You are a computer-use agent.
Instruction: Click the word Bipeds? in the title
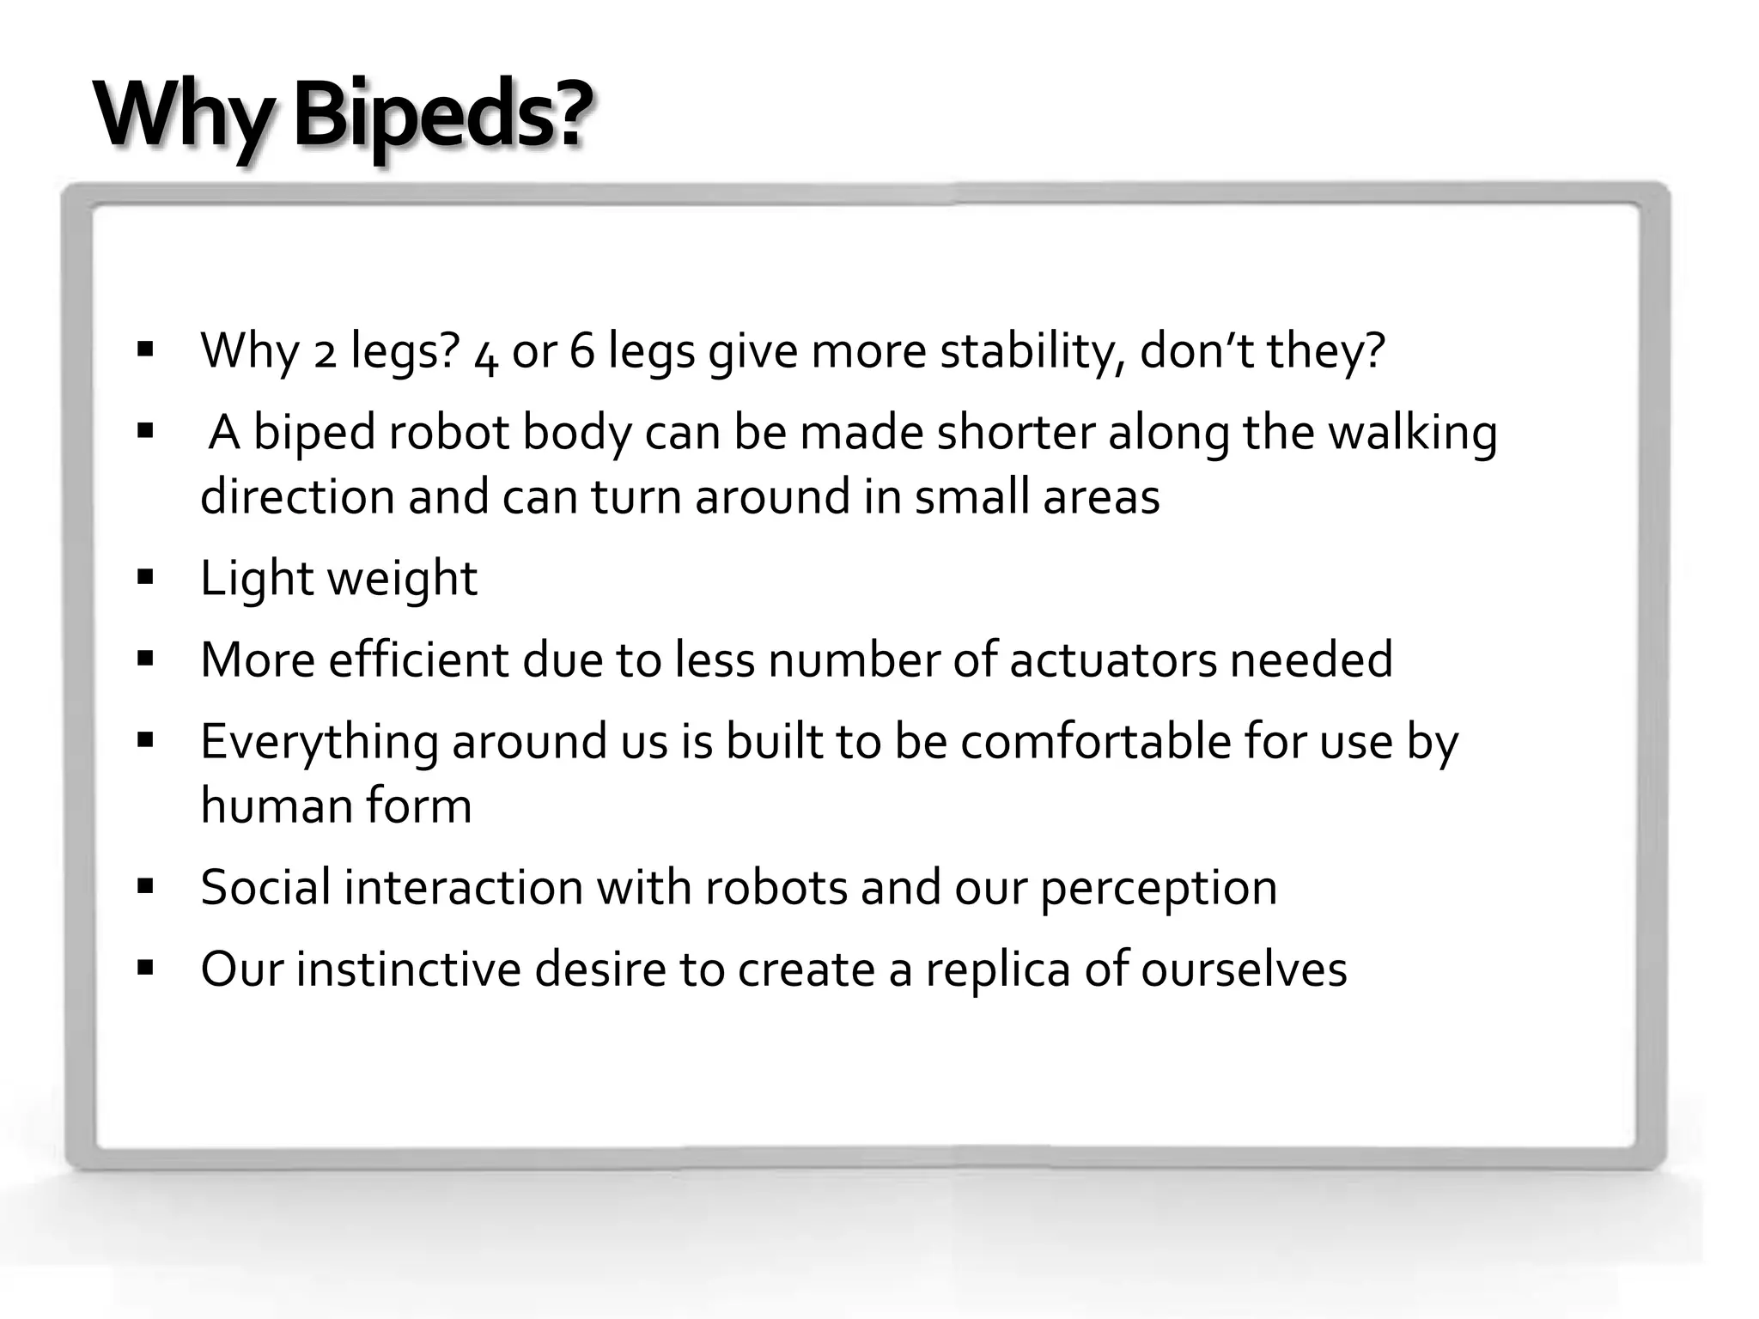pyautogui.click(x=443, y=116)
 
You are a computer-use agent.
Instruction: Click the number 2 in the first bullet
pyautogui.click(x=325, y=352)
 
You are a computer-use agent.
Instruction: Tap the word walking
pyautogui.click(x=1413, y=433)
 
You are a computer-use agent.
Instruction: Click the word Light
pyautogui.click(x=256, y=579)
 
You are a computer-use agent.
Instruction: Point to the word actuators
pyautogui.click(x=1112, y=659)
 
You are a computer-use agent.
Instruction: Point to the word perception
pyautogui.click(x=1159, y=888)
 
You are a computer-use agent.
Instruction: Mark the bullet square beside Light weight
pyautogui.click(x=145, y=577)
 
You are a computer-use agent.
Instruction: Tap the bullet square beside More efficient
pyautogui.click(x=145, y=659)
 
